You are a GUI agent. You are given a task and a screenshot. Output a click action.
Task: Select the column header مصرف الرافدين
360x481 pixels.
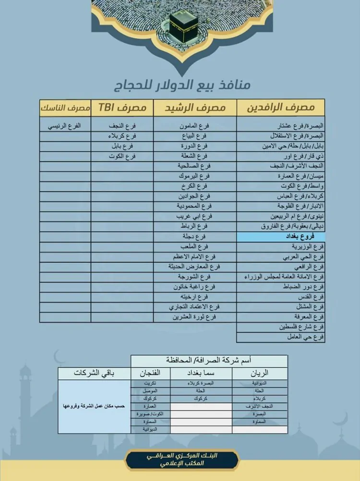point(280,108)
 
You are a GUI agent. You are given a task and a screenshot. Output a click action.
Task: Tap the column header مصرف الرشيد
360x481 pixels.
point(195,108)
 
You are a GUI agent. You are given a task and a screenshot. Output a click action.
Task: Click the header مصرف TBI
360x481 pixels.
point(122,108)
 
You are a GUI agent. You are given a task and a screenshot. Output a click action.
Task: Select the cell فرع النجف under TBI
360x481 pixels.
point(122,126)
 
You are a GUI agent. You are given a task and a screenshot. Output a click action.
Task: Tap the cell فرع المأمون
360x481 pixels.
point(195,126)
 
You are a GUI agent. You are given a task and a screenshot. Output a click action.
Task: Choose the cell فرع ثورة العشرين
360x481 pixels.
point(195,317)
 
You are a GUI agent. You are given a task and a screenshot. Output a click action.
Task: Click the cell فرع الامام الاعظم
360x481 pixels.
point(195,257)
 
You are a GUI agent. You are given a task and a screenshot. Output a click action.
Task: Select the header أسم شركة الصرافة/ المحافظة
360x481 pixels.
point(209,360)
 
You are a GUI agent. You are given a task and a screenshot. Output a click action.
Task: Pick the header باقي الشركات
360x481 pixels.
point(94,373)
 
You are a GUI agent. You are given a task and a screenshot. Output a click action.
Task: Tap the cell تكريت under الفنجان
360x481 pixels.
point(150,384)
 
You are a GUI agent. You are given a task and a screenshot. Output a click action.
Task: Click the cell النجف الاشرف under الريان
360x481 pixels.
point(260,406)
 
